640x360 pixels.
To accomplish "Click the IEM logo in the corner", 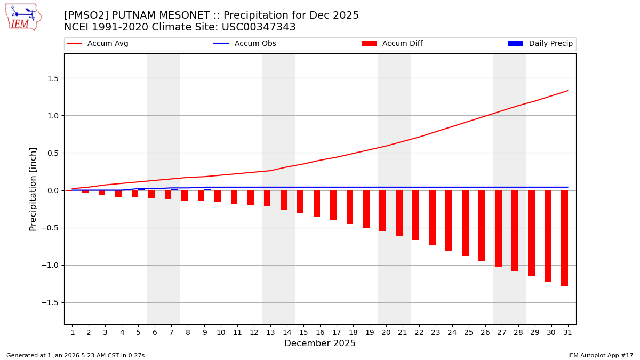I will [23, 17].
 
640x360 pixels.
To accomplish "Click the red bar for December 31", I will [564, 238].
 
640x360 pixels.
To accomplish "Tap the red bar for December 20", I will [382, 211].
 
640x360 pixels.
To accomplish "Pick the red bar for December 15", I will [300, 202].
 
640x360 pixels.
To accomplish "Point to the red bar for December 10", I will [218, 196].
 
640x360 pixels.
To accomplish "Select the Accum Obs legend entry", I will [245, 44].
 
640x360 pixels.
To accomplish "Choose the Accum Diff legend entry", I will [393, 44].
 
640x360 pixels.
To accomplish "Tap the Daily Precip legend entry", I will [541, 44].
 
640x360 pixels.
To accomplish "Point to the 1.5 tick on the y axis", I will [52, 78].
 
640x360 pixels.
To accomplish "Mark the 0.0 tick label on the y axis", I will [52, 190].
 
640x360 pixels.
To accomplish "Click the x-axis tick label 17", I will [337, 332].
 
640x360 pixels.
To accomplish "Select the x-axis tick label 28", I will [518, 332].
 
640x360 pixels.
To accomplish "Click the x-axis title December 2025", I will [320, 343].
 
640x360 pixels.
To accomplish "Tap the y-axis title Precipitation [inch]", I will [33, 189].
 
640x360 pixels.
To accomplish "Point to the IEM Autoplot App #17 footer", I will [601, 355].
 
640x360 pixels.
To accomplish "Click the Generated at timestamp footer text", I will [75, 355].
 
